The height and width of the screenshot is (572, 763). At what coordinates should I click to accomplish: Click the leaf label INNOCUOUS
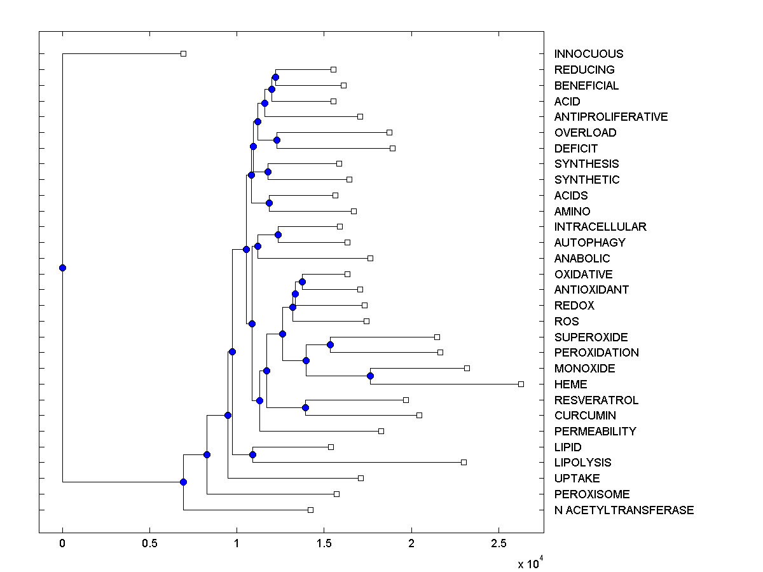click(x=589, y=54)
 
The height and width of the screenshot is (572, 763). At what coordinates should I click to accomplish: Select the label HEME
click(x=570, y=385)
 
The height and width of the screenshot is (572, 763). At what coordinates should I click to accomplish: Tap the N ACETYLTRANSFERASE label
click(x=624, y=510)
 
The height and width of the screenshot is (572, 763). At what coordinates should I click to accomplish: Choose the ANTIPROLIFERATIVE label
click(x=611, y=117)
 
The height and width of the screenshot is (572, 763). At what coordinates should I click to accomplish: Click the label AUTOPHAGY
click(x=589, y=243)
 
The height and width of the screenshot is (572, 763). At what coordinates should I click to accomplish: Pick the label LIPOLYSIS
click(x=582, y=463)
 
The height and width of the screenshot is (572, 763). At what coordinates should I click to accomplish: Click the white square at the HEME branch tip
click(x=521, y=384)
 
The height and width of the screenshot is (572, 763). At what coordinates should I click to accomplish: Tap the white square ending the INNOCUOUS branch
click(x=183, y=53)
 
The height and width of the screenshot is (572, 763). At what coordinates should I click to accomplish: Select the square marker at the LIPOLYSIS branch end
click(x=464, y=462)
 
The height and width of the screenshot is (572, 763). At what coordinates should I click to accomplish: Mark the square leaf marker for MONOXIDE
click(x=467, y=368)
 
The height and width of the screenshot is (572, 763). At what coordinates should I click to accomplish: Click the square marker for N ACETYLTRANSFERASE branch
click(x=310, y=510)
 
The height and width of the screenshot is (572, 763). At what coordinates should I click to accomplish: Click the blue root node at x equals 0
click(x=62, y=268)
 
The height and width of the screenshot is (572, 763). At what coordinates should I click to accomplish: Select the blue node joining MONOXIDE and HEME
click(x=370, y=376)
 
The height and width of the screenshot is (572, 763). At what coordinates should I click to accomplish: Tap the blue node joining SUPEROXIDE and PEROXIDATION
click(x=330, y=344)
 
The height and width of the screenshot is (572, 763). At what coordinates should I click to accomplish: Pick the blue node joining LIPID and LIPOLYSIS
click(x=252, y=454)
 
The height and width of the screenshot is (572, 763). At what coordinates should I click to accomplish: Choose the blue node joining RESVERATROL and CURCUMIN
click(x=306, y=407)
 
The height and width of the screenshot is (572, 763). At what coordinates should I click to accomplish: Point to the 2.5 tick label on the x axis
click(x=498, y=544)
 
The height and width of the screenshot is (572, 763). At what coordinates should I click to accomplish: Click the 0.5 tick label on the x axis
click(x=149, y=544)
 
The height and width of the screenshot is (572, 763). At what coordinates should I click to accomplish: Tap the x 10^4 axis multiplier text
click(x=530, y=562)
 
